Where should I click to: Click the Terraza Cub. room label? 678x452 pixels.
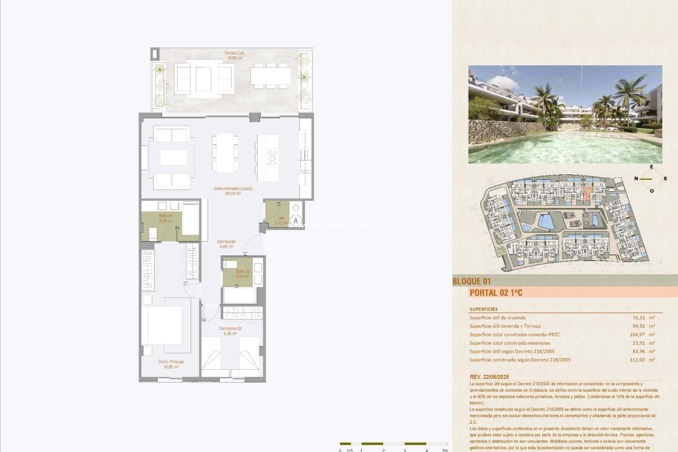click(x=234, y=55)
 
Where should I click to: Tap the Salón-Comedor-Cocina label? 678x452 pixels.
click(x=233, y=191)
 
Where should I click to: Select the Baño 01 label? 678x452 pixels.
click(x=165, y=218)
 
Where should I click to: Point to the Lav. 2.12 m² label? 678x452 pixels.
click(x=281, y=221)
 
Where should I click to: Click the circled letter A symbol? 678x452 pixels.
click(x=296, y=221)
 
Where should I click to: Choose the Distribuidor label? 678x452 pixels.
click(x=226, y=244)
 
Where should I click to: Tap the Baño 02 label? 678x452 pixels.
click(x=243, y=274)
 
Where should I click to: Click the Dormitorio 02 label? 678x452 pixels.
click(x=230, y=331)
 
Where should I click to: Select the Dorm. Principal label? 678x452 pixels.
click(x=171, y=364)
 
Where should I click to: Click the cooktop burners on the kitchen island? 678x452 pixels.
click(x=272, y=157)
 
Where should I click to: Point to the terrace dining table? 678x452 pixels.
click(x=270, y=76)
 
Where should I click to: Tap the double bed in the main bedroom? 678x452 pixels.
click(x=162, y=325)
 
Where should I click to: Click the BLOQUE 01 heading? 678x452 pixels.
click(x=471, y=281)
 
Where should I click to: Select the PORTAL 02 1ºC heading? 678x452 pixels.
click(x=496, y=293)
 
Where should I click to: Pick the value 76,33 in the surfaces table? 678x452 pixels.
click(x=638, y=318)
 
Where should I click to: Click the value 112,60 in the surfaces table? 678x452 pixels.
click(x=637, y=360)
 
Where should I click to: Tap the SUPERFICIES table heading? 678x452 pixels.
click(x=483, y=309)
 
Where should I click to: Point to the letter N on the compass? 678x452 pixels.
click(x=636, y=179)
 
